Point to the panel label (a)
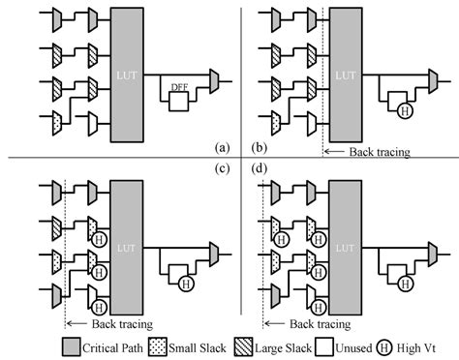(x=222, y=147)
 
